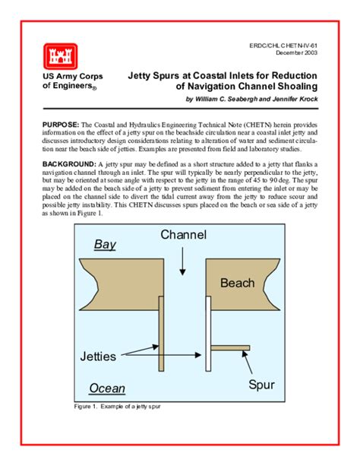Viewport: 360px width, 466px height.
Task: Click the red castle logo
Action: pyautogui.click(x=58, y=55)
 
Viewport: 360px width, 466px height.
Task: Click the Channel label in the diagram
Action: pyautogui.click(x=183, y=235)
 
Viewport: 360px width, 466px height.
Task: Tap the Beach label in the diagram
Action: pyautogui.click(x=236, y=284)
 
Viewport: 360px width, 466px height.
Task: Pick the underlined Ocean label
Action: pyautogui.click(x=107, y=388)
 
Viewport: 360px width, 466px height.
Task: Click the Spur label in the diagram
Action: pyautogui.click(x=261, y=385)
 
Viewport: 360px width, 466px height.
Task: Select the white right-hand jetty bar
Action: pyautogui.click(x=208, y=327)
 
